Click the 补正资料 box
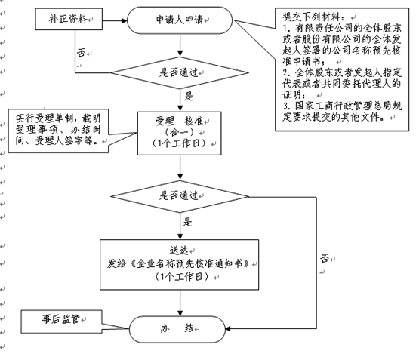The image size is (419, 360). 69,19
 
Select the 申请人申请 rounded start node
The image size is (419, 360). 180,20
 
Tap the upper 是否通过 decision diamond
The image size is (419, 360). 180,72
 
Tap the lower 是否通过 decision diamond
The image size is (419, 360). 180,196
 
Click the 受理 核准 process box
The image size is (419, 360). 180,134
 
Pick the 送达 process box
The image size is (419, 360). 180,264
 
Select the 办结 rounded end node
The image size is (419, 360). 177,329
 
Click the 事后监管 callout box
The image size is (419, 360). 61,322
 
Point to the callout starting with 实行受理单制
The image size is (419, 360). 58,131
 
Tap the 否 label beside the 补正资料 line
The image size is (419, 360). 81,52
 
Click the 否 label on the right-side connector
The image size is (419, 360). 325,258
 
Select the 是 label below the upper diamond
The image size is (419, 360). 189,96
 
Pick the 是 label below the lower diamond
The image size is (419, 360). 187,222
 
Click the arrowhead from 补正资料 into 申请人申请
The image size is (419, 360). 124,20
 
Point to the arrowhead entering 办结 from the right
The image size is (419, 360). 228,328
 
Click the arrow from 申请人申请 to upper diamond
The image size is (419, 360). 180,45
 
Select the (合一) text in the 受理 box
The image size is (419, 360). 180,132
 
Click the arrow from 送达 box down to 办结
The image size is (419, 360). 180,303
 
